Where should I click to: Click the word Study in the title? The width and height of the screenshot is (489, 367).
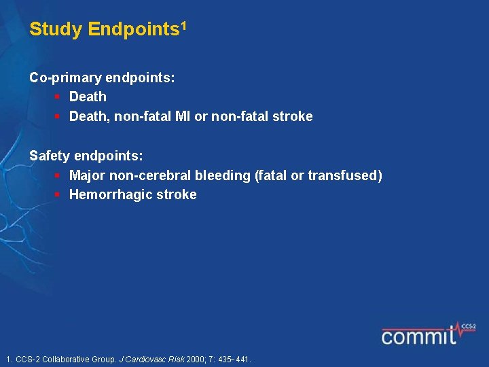coord(56,30)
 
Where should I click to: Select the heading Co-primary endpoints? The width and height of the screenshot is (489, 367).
coord(102,77)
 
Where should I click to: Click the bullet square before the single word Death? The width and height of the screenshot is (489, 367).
coord(58,97)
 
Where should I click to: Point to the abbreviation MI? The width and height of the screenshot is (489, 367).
coord(182,116)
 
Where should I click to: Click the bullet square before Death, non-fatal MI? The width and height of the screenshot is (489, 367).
coord(58,116)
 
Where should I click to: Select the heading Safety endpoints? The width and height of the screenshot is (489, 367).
coord(86,156)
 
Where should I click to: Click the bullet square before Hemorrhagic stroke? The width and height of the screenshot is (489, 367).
coord(58,194)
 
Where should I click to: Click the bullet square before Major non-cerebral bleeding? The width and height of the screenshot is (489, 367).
coord(58,175)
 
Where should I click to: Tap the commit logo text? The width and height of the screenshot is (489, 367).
coord(418,336)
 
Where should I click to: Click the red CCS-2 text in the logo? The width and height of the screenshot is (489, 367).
coord(468,326)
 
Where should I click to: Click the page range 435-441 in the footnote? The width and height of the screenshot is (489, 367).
coord(234,359)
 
